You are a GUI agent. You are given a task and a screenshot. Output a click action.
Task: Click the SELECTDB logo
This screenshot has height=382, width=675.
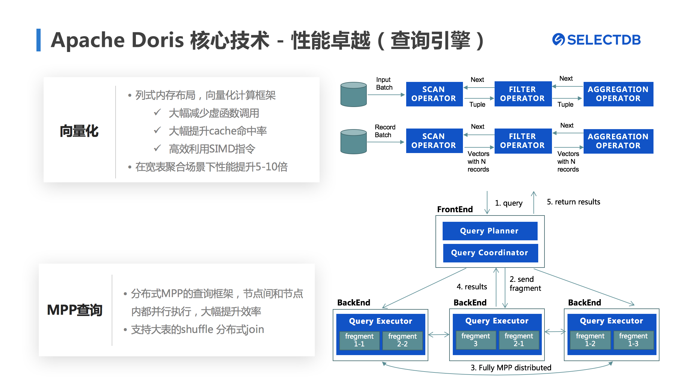click(x=596, y=40)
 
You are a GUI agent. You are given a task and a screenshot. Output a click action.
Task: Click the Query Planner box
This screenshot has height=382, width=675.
click(x=490, y=231)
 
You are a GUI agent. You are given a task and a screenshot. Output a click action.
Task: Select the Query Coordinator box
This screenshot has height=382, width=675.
click(x=490, y=253)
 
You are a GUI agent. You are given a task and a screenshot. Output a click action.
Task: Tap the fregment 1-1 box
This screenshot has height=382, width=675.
click(x=359, y=340)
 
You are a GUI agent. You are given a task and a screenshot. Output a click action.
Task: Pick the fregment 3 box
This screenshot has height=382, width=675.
click(x=475, y=340)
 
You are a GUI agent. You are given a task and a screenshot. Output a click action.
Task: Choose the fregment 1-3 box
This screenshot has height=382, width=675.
click(x=633, y=340)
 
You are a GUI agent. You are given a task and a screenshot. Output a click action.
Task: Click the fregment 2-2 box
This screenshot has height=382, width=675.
click(x=402, y=340)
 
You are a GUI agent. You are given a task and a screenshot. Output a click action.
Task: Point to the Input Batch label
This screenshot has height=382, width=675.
click(x=384, y=84)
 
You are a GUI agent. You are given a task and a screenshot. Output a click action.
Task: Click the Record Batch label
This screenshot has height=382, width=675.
click(x=385, y=131)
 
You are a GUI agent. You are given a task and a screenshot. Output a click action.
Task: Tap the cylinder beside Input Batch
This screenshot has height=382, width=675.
click(x=354, y=94)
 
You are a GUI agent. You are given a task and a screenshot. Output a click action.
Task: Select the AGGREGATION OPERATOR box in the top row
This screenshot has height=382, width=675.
click(x=618, y=94)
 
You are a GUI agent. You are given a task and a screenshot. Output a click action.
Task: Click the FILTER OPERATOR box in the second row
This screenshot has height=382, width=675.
click(x=523, y=141)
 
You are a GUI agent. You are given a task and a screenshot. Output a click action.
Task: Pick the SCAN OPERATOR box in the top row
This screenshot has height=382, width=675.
click(x=434, y=94)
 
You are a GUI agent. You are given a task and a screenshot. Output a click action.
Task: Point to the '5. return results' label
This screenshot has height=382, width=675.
click(x=573, y=202)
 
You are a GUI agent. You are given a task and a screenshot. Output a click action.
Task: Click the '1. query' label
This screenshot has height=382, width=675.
click(x=509, y=203)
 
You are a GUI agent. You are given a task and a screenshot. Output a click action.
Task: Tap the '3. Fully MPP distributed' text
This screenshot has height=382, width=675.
click(x=511, y=368)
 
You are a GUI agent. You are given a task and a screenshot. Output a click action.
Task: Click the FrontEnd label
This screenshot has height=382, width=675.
click(x=455, y=209)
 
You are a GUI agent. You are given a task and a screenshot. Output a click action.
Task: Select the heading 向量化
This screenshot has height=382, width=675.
click(x=79, y=131)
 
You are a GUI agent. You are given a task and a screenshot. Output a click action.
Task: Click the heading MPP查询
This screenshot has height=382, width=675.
click(x=75, y=310)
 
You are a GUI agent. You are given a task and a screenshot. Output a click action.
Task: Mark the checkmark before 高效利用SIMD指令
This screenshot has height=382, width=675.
click(x=157, y=148)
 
